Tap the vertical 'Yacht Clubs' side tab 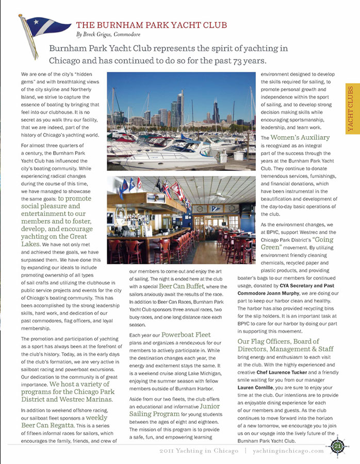(x=351, y=108)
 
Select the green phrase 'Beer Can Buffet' (x=182, y=286)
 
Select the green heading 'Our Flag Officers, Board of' (x=279, y=341)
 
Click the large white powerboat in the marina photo (x=165, y=157)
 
